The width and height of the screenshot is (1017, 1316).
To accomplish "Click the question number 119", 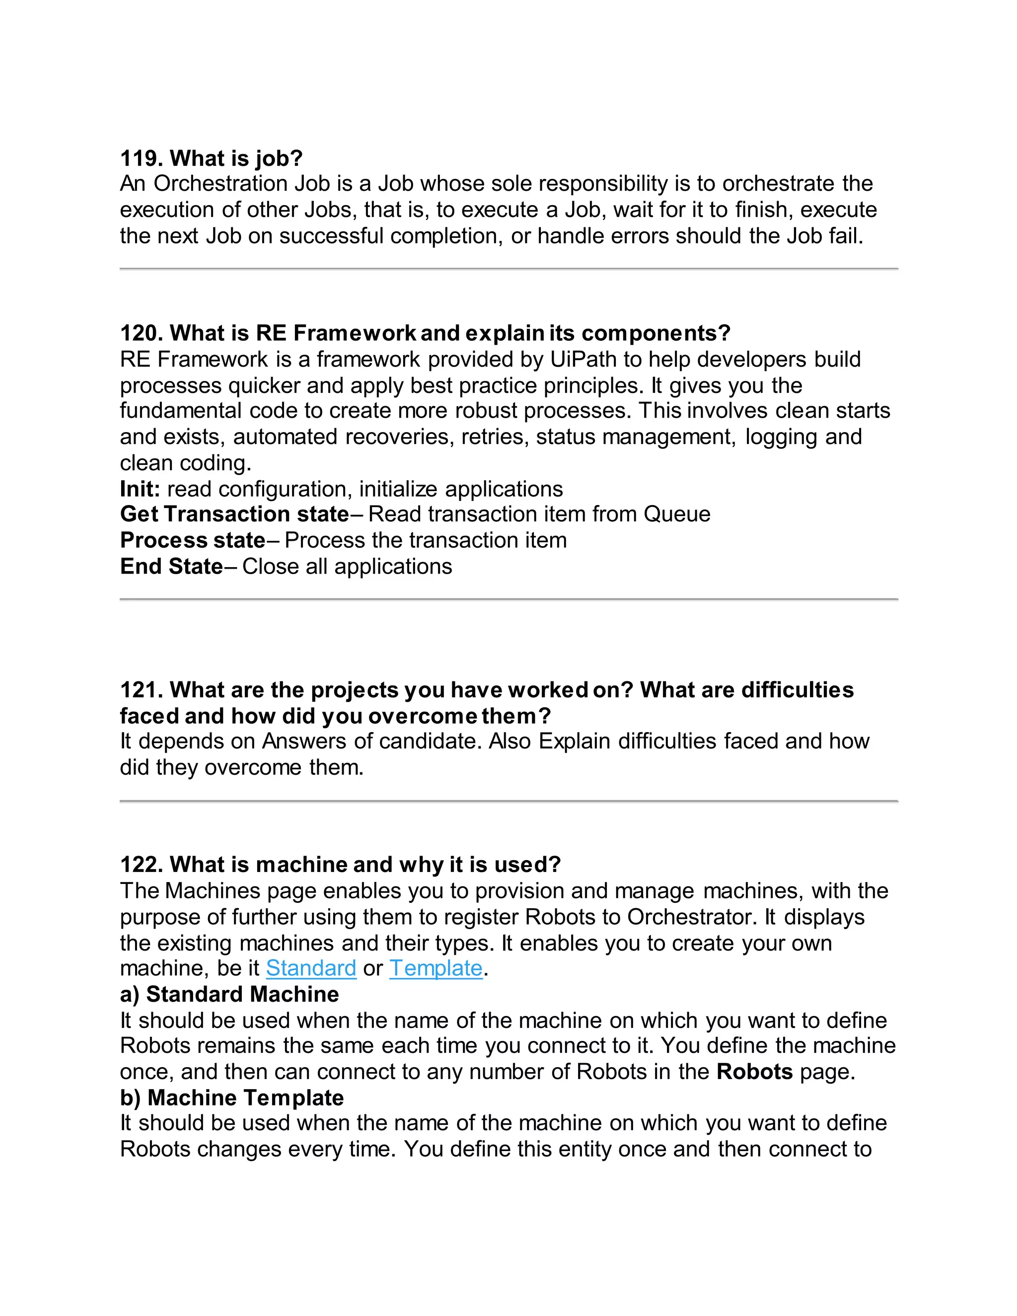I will (x=142, y=158).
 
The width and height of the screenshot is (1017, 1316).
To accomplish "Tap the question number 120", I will (x=142, y=333).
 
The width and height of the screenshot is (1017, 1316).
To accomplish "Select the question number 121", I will (x=142, y=690).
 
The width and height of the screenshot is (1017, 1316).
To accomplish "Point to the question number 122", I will (x=142, y=865).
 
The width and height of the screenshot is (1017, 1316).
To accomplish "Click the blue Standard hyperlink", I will (x=311, y=968).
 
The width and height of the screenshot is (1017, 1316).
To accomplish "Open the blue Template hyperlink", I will (x=436, y=968).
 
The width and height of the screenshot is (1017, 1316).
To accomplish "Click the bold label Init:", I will (x=140, y=489).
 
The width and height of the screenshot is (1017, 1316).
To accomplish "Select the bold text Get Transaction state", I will (x=234, y=514).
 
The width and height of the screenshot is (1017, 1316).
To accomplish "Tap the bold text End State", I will (x=172, y=567).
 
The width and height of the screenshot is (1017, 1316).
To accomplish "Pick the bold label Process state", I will (x=193, y=540).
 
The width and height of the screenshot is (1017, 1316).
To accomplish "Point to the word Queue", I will (x=677, y=514).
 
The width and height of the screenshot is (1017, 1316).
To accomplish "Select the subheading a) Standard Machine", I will (x=229, y=994).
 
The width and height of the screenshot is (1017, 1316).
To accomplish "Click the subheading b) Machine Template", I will (x=232, y=1098).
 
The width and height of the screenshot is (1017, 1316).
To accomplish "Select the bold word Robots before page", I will (x=754, y=1072).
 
